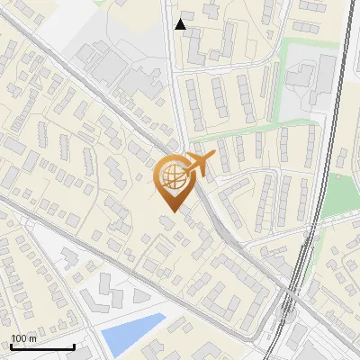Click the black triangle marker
click(x=181, y=24)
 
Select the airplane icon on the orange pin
click(x=199, y=164)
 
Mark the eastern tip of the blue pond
click(x=166, y=315)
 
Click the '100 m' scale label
click(x=24, y=337)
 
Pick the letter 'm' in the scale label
click(x=32, y=337)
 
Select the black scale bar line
click(x=42, y=346)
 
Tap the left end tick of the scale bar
click(x=11, y=345)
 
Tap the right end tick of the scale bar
click(x=74, y=345)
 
